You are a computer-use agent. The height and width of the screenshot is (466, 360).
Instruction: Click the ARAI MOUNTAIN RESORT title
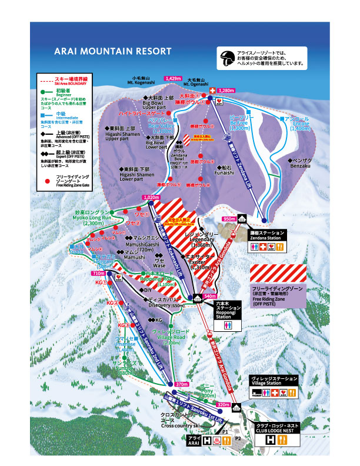(112, 51)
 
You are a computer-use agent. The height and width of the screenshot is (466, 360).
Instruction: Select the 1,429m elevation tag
(173, 78)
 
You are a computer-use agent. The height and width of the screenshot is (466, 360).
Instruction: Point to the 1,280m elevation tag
(226, 91)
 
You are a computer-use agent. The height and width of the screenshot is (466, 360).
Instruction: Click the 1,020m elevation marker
(151, 198)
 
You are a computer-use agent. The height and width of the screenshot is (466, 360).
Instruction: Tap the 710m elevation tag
(98, 274)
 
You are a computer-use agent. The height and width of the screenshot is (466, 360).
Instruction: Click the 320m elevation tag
(223, 405)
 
